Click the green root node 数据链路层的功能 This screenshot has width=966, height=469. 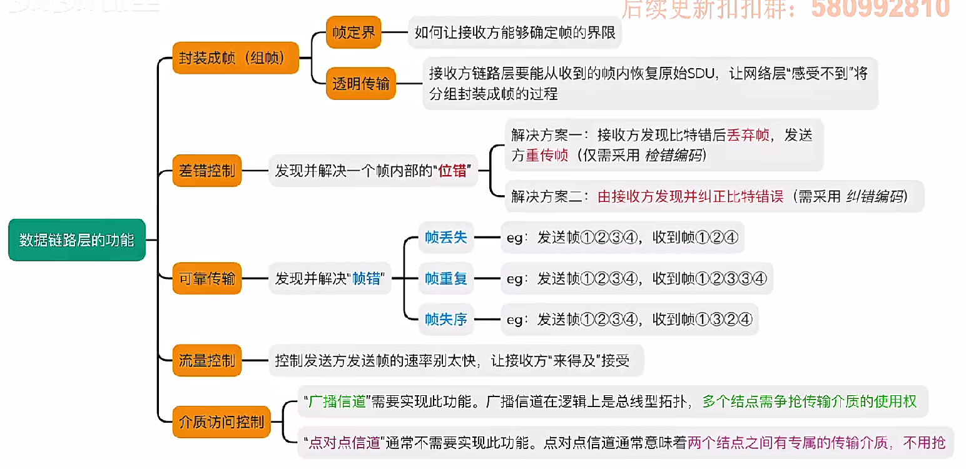coord(76,240)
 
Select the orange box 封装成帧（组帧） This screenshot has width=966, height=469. coord(235,58)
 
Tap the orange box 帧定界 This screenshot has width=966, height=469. coord(353,32)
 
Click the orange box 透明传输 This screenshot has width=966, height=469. coord(361,84)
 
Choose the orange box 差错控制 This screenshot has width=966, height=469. coord(206,170)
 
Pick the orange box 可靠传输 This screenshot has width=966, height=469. coord(206,279)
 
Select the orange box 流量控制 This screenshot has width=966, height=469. coord(206,360)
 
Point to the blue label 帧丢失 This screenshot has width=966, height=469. coord(445,237)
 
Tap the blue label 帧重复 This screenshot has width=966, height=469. coord(445,278)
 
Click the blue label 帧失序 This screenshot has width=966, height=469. coord(445,320)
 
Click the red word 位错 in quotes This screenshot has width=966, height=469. coord(452,171)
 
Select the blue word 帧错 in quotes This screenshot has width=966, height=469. coord(366,279)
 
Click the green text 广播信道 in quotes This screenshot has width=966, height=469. coord(338,401)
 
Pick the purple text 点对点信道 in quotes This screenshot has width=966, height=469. coord(345,443)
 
